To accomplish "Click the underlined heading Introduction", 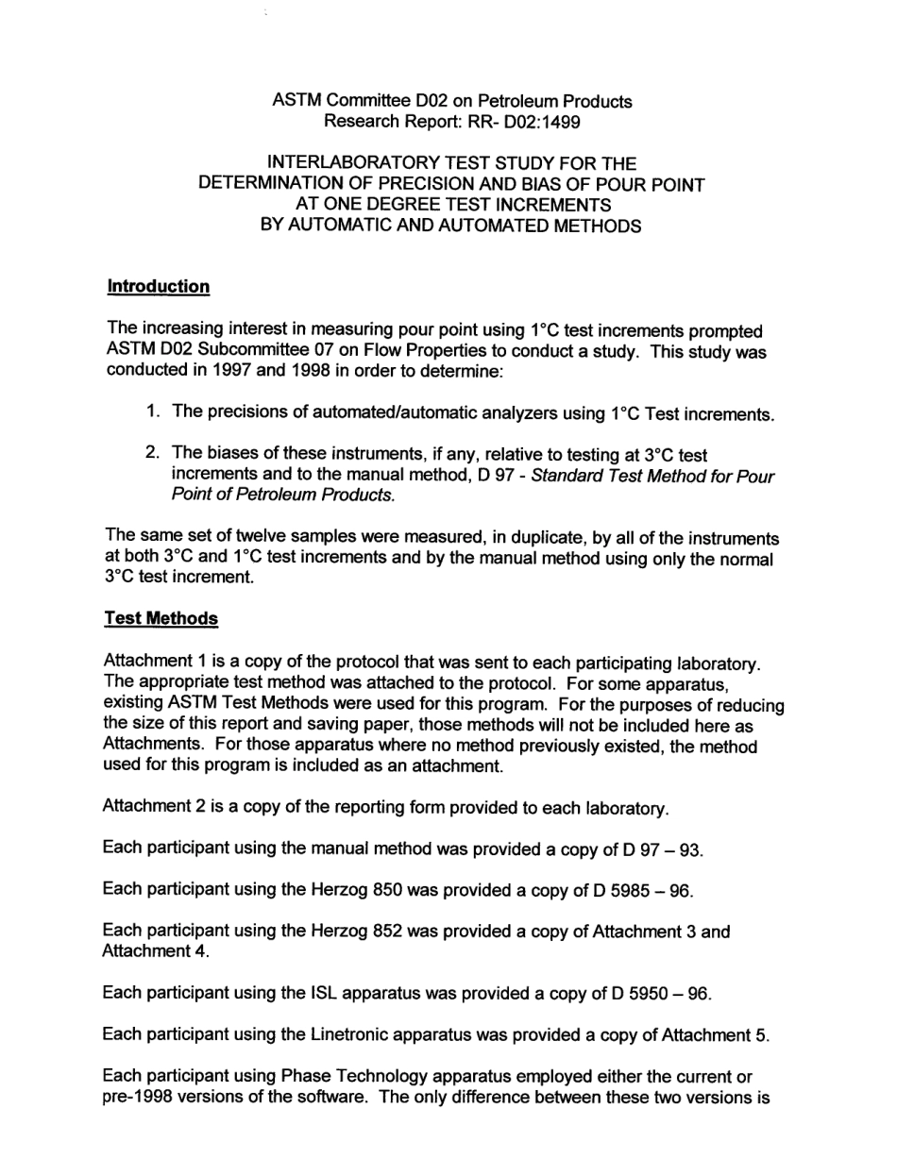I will [x=159, y=286].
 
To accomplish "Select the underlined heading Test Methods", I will [x=161, y=618].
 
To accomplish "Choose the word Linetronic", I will [x=357, y=1034].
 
